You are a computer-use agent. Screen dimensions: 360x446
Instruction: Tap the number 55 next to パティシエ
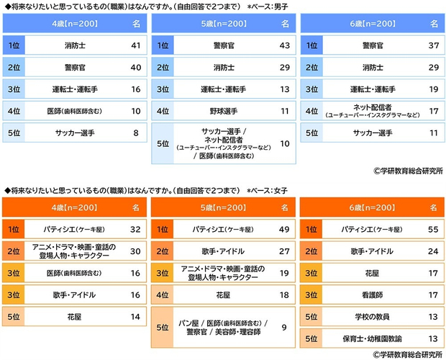pyautogui.click(x=433, y=230)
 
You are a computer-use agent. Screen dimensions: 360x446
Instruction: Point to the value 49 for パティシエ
pyautogui.click(x=285, y=230)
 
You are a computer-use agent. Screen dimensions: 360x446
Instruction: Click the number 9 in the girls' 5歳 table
pyautogui.click(x=285, y=327)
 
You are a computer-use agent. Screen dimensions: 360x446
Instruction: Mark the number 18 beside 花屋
pyautogui.click(x=285, y=294)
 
